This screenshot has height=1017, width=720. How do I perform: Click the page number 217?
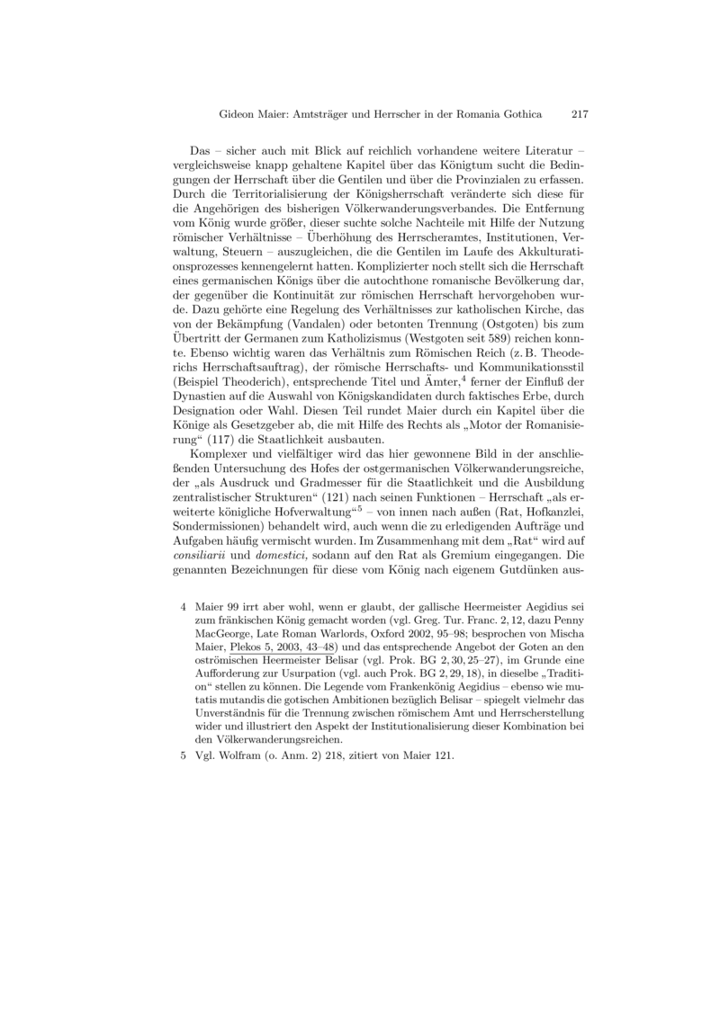point(580,115)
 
